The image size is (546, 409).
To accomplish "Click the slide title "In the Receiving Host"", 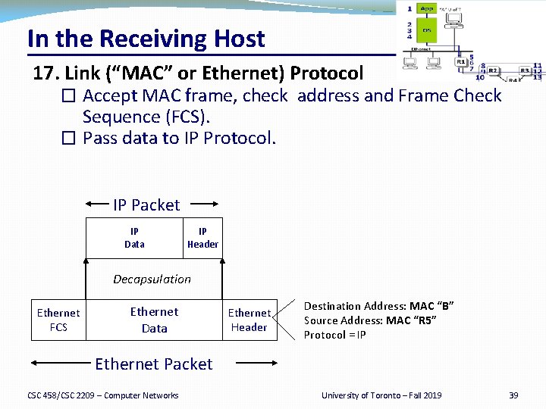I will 146,39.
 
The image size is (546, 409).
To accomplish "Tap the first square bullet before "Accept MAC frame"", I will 69,96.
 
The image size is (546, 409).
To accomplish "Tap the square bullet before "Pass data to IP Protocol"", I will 69,139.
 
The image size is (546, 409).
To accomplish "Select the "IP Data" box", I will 134,238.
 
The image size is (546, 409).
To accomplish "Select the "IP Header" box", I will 202,238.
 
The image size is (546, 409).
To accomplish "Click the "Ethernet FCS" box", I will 58,320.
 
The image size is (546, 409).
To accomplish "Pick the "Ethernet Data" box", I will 154,320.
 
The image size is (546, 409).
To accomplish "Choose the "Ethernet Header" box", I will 249,320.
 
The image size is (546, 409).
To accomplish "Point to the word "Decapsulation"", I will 152,279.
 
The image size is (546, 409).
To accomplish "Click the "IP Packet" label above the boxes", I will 146,205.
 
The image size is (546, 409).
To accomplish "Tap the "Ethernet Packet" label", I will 153,364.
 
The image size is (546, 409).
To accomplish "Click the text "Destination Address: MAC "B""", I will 378,306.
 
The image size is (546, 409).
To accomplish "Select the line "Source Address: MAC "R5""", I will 370,320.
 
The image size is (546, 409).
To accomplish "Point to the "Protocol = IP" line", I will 335,335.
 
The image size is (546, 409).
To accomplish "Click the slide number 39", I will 513,395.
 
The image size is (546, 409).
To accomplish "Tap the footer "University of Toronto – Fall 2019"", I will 381,395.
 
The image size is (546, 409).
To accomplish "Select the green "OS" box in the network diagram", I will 427,31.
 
